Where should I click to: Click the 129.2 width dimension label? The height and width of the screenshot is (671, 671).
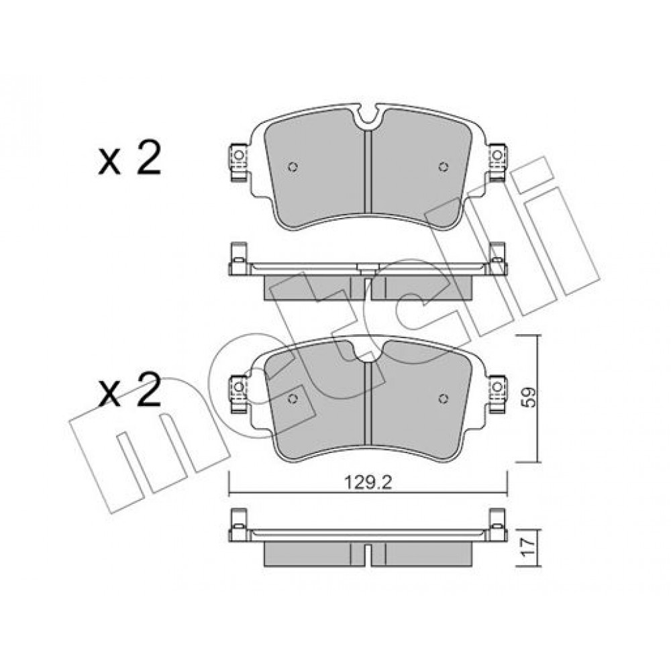(x=368, y=482)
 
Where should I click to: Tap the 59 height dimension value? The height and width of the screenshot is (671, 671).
(x=530, y=397)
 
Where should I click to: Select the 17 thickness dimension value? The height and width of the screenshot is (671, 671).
(x=530, y=548)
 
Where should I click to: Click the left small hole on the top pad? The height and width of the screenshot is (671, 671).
(x=293, y=166)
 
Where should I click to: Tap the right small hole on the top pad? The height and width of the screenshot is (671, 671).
(x=444, y=166)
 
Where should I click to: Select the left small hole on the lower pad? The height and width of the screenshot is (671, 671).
(x=293, y=399)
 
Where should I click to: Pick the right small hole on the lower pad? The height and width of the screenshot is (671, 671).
(x=444, y=399)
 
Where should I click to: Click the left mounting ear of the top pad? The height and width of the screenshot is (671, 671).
(x=239, y=162)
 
